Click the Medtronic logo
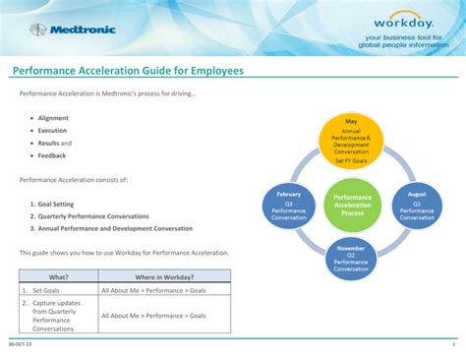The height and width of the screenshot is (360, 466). tap(73, 30)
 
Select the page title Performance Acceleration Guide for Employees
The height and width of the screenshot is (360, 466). tap(127, 72)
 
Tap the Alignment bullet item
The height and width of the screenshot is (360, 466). tap(53, 118)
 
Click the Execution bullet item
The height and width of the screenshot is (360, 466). tap(53, 130)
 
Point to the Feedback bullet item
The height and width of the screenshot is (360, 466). tap(52, 155)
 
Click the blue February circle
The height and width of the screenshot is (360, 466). tap(288, 203)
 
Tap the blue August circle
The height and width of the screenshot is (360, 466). tap(417, 203)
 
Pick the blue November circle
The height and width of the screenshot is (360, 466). tap(351, 258)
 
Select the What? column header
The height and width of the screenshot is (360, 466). tap(59, 277)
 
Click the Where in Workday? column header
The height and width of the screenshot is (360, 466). tap(164, 277)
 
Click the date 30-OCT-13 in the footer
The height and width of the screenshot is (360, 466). tap(19, 345)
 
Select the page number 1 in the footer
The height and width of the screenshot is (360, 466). tap(453, 345)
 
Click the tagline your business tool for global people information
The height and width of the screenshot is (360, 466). tap(402, 41)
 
